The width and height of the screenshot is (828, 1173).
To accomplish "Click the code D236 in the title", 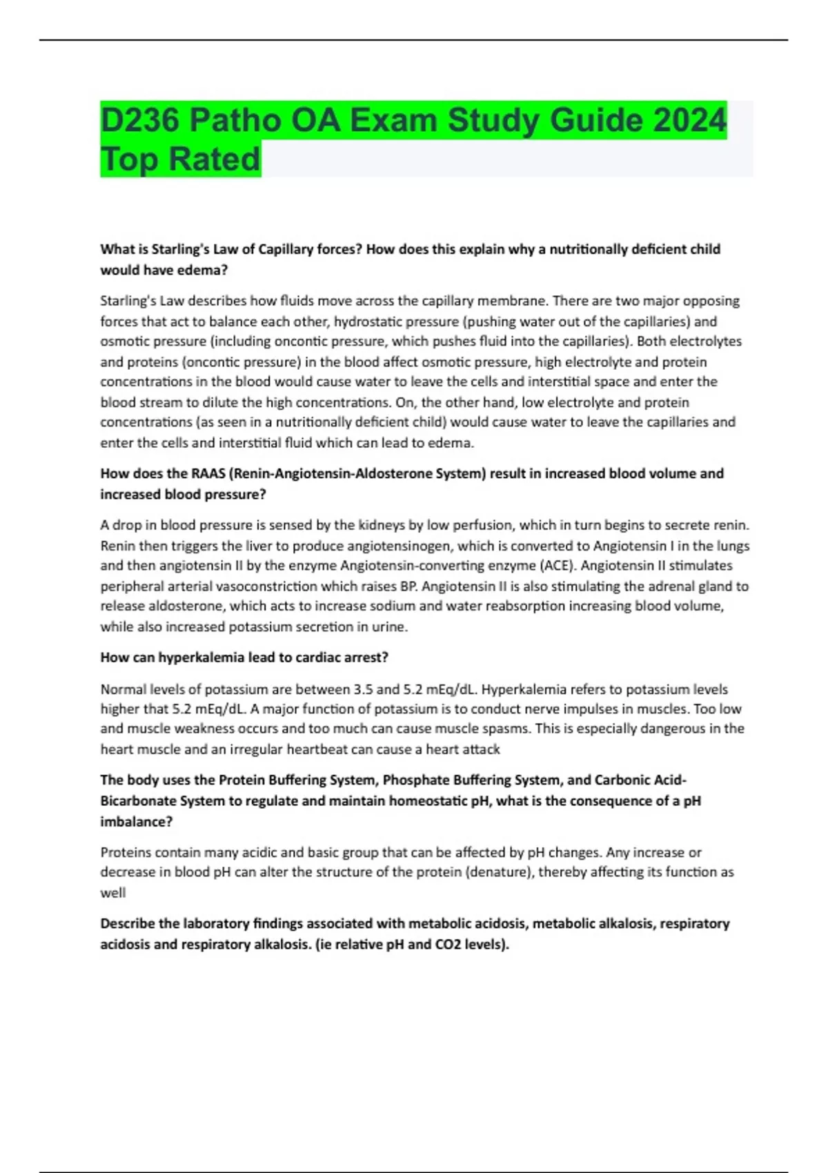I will [x=140, y=120].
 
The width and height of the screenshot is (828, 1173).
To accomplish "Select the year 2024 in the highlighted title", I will [x=689, y=120].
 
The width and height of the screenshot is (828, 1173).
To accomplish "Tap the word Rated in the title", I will [x=215, y=159].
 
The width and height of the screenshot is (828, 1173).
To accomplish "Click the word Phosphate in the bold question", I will [x=413, y=780].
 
